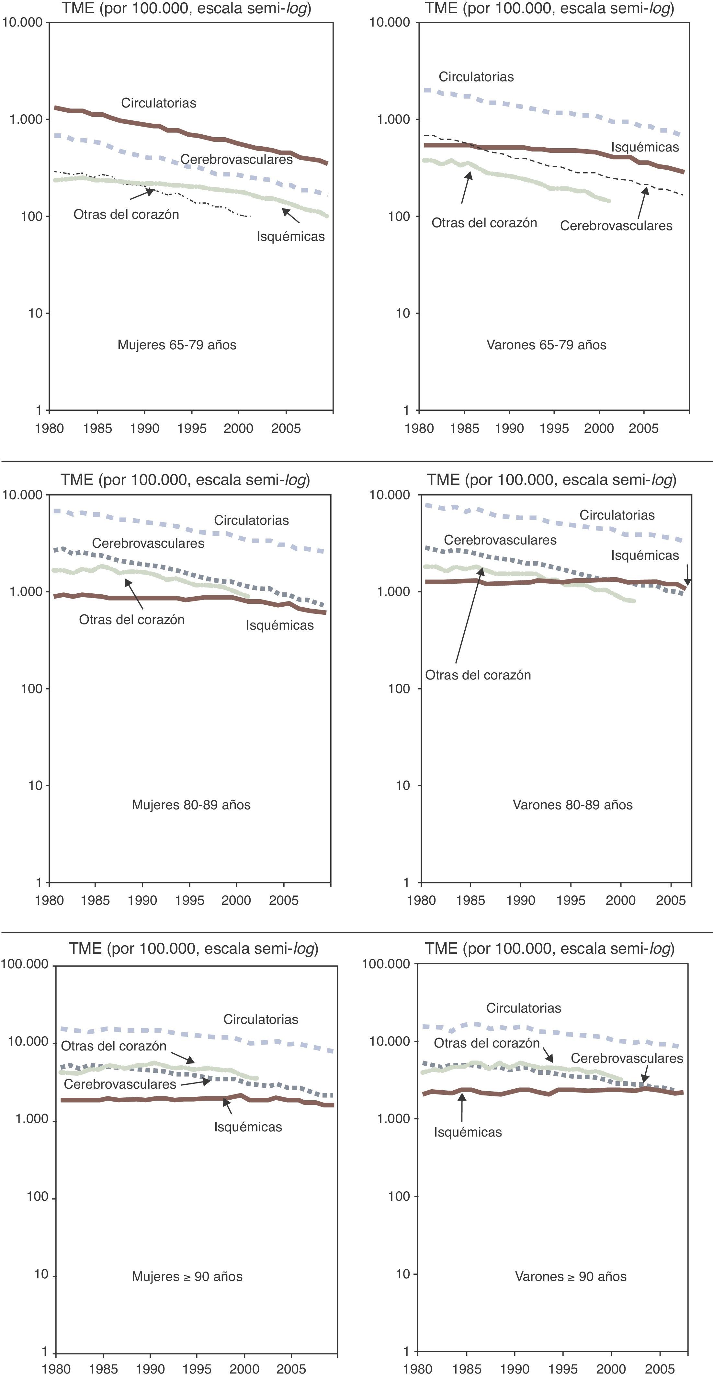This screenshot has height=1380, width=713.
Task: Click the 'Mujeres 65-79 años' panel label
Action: (177, 345)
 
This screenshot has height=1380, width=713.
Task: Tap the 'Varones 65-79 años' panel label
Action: (546, 345)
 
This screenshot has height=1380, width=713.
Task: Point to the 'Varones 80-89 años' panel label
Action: (573, 805)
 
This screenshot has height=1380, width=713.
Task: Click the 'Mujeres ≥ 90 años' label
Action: (187, 1277)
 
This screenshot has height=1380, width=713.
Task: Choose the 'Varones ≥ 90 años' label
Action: (571, 1277)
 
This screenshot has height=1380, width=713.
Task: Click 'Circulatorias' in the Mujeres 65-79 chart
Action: (159, 103)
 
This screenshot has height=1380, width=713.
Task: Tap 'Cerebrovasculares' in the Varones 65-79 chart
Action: (616, 226)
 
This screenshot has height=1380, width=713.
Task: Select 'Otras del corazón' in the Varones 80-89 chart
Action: (478, 675)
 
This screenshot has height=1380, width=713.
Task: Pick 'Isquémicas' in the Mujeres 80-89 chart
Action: (280, 625)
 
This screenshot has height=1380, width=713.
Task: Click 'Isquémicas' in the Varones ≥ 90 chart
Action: (468, 1132)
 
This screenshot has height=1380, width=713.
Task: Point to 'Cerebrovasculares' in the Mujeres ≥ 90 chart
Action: (120, 1084)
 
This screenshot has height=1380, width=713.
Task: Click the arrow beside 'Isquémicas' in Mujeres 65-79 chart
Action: (291, 216)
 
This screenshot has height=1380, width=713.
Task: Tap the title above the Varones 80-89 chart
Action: (551, 480)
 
